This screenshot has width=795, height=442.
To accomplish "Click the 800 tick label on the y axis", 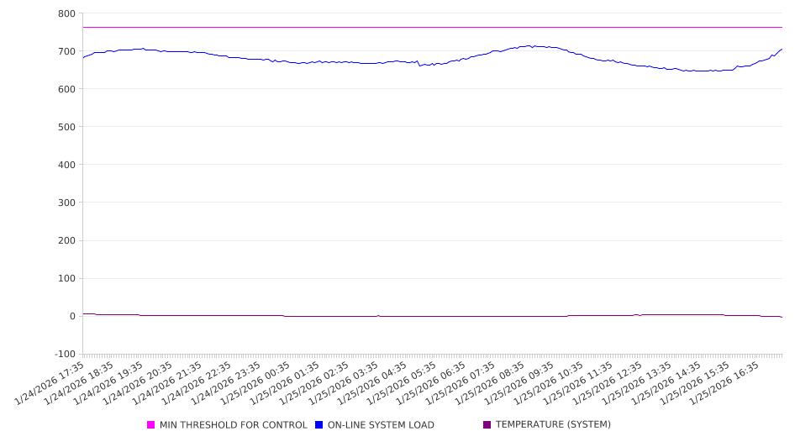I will click(66, 13).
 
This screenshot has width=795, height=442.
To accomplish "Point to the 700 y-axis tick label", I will click(66, 51).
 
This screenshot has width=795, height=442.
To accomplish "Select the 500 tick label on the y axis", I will click(66, 127).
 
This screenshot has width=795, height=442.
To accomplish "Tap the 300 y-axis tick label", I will click(66, 203).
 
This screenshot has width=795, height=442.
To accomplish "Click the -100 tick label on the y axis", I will click(64, 354).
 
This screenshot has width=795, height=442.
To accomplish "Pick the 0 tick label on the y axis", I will click(71, 316).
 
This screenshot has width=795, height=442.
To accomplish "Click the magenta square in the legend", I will click(151, 425).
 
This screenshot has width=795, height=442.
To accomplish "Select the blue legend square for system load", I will click(319, 425).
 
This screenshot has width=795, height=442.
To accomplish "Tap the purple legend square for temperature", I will click(487, 425).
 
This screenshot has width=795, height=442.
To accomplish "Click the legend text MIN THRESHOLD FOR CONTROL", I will click(234, 425).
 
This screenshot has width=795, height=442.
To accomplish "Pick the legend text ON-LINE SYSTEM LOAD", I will click(381, 425).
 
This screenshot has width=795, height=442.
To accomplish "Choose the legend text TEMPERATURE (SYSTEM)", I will click(553, 425).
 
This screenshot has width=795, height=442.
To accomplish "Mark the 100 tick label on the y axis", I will click(66, 278).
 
